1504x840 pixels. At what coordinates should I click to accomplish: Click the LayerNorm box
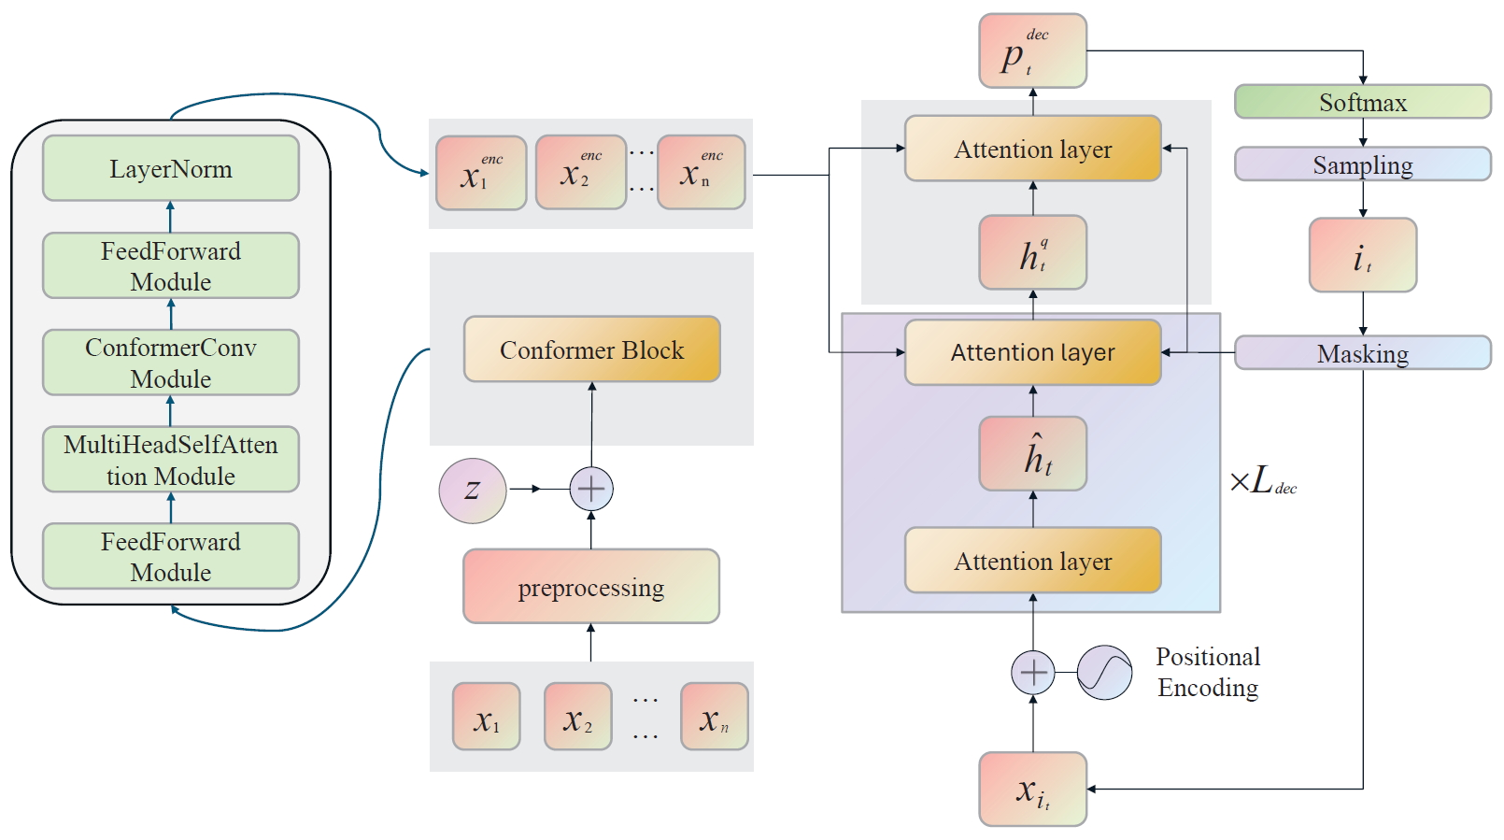pos(171,168)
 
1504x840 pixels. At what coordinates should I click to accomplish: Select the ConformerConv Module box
pos(171,363)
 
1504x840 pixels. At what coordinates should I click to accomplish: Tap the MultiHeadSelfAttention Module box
pos(171,460)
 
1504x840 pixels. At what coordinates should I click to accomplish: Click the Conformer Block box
pos(591,349)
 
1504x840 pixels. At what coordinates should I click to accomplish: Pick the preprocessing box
pos(591,587)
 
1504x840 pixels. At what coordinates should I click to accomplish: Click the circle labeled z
pos(473,490)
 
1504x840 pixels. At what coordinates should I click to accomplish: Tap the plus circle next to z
pos(591,489)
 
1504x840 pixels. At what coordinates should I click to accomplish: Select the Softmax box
pos(1362,102)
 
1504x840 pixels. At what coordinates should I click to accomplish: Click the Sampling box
pos(1362,164)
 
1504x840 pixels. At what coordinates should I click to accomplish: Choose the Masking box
pos(1362,353)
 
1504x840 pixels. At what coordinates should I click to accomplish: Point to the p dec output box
pos(1032,51)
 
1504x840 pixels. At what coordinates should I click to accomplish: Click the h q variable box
pos(1032,253)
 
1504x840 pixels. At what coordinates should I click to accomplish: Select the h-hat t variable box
pos(1032,454)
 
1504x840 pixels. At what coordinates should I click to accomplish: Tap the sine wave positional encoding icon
pos(1104,673)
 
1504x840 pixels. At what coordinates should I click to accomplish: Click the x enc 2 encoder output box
pos(580,173)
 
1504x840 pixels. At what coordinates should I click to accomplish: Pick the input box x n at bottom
pos(714,717)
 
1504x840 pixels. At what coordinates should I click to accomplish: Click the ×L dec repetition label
pos(1263,482)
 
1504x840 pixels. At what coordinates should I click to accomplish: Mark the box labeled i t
pos(1362,255)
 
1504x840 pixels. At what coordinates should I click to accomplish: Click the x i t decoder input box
pos(1032,790)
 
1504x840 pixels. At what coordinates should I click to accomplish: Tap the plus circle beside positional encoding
pos(1033,673)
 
